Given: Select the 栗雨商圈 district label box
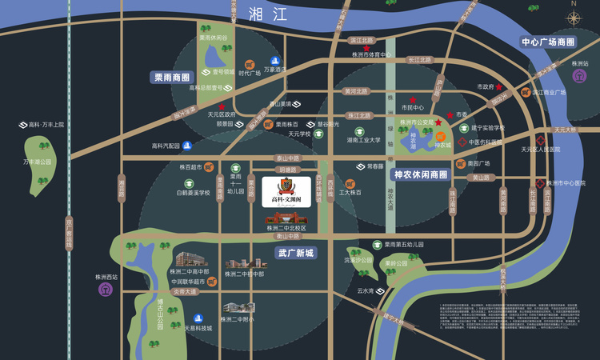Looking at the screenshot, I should coord(172,78).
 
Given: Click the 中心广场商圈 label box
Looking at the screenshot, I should coord(548,42).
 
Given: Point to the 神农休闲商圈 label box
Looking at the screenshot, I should coord(421,174).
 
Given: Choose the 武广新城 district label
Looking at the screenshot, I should coord(296,253).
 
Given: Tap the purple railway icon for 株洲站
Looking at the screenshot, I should coord(579,75).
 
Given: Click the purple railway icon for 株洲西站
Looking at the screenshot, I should coord(106,289).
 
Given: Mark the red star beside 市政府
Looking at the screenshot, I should coord(499,86).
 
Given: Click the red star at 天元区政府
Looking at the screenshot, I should coord(222,106).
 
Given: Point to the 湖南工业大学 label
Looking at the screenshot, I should coord(363,140).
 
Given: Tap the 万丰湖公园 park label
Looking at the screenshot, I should coord(37,162).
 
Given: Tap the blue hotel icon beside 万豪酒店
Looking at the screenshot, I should coord(275,62).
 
